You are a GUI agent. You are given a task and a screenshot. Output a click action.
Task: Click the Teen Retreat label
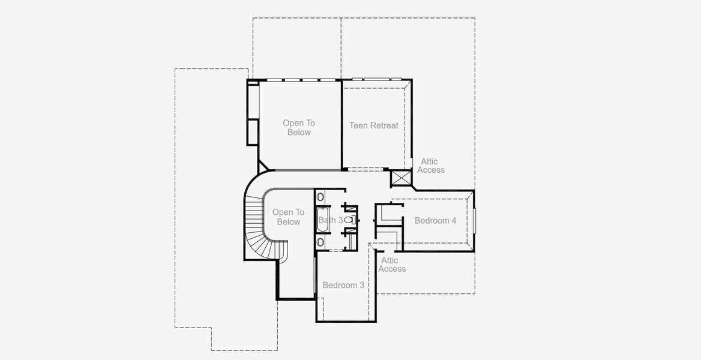coord(373,125)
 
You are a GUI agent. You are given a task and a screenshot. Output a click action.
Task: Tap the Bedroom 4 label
coord(435,221)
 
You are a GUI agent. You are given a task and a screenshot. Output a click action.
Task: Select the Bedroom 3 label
coord(343,285)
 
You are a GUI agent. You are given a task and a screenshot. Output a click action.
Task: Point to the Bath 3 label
coord(331,220)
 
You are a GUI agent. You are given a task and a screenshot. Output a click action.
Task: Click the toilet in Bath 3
coord(349,220)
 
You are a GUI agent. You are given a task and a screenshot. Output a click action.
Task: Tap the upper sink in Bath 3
coord(320,197)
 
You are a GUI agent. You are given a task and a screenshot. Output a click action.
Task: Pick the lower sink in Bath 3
coord(320,242)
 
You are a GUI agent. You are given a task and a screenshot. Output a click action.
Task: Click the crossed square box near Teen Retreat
coord(399,178)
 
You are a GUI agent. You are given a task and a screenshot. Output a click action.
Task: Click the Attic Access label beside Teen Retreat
coord(431,166)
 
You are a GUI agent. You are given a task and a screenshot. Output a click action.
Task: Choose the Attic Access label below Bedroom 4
coord(391,265)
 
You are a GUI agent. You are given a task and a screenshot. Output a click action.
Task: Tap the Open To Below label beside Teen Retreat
coord(299,128)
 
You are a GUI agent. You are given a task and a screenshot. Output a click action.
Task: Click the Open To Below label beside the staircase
coord(288,217)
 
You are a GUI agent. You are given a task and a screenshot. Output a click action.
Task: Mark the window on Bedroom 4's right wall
coord(474,220)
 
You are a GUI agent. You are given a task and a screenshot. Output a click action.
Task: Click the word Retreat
coord(384,125)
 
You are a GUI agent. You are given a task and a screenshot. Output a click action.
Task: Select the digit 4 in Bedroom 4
coord(454,221)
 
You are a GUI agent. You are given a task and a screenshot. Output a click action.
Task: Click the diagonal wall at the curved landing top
coord(264,166)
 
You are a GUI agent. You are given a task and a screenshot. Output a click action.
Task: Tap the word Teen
coord(359,125)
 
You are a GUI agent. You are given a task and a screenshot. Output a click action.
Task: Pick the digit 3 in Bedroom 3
coord(362,285)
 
